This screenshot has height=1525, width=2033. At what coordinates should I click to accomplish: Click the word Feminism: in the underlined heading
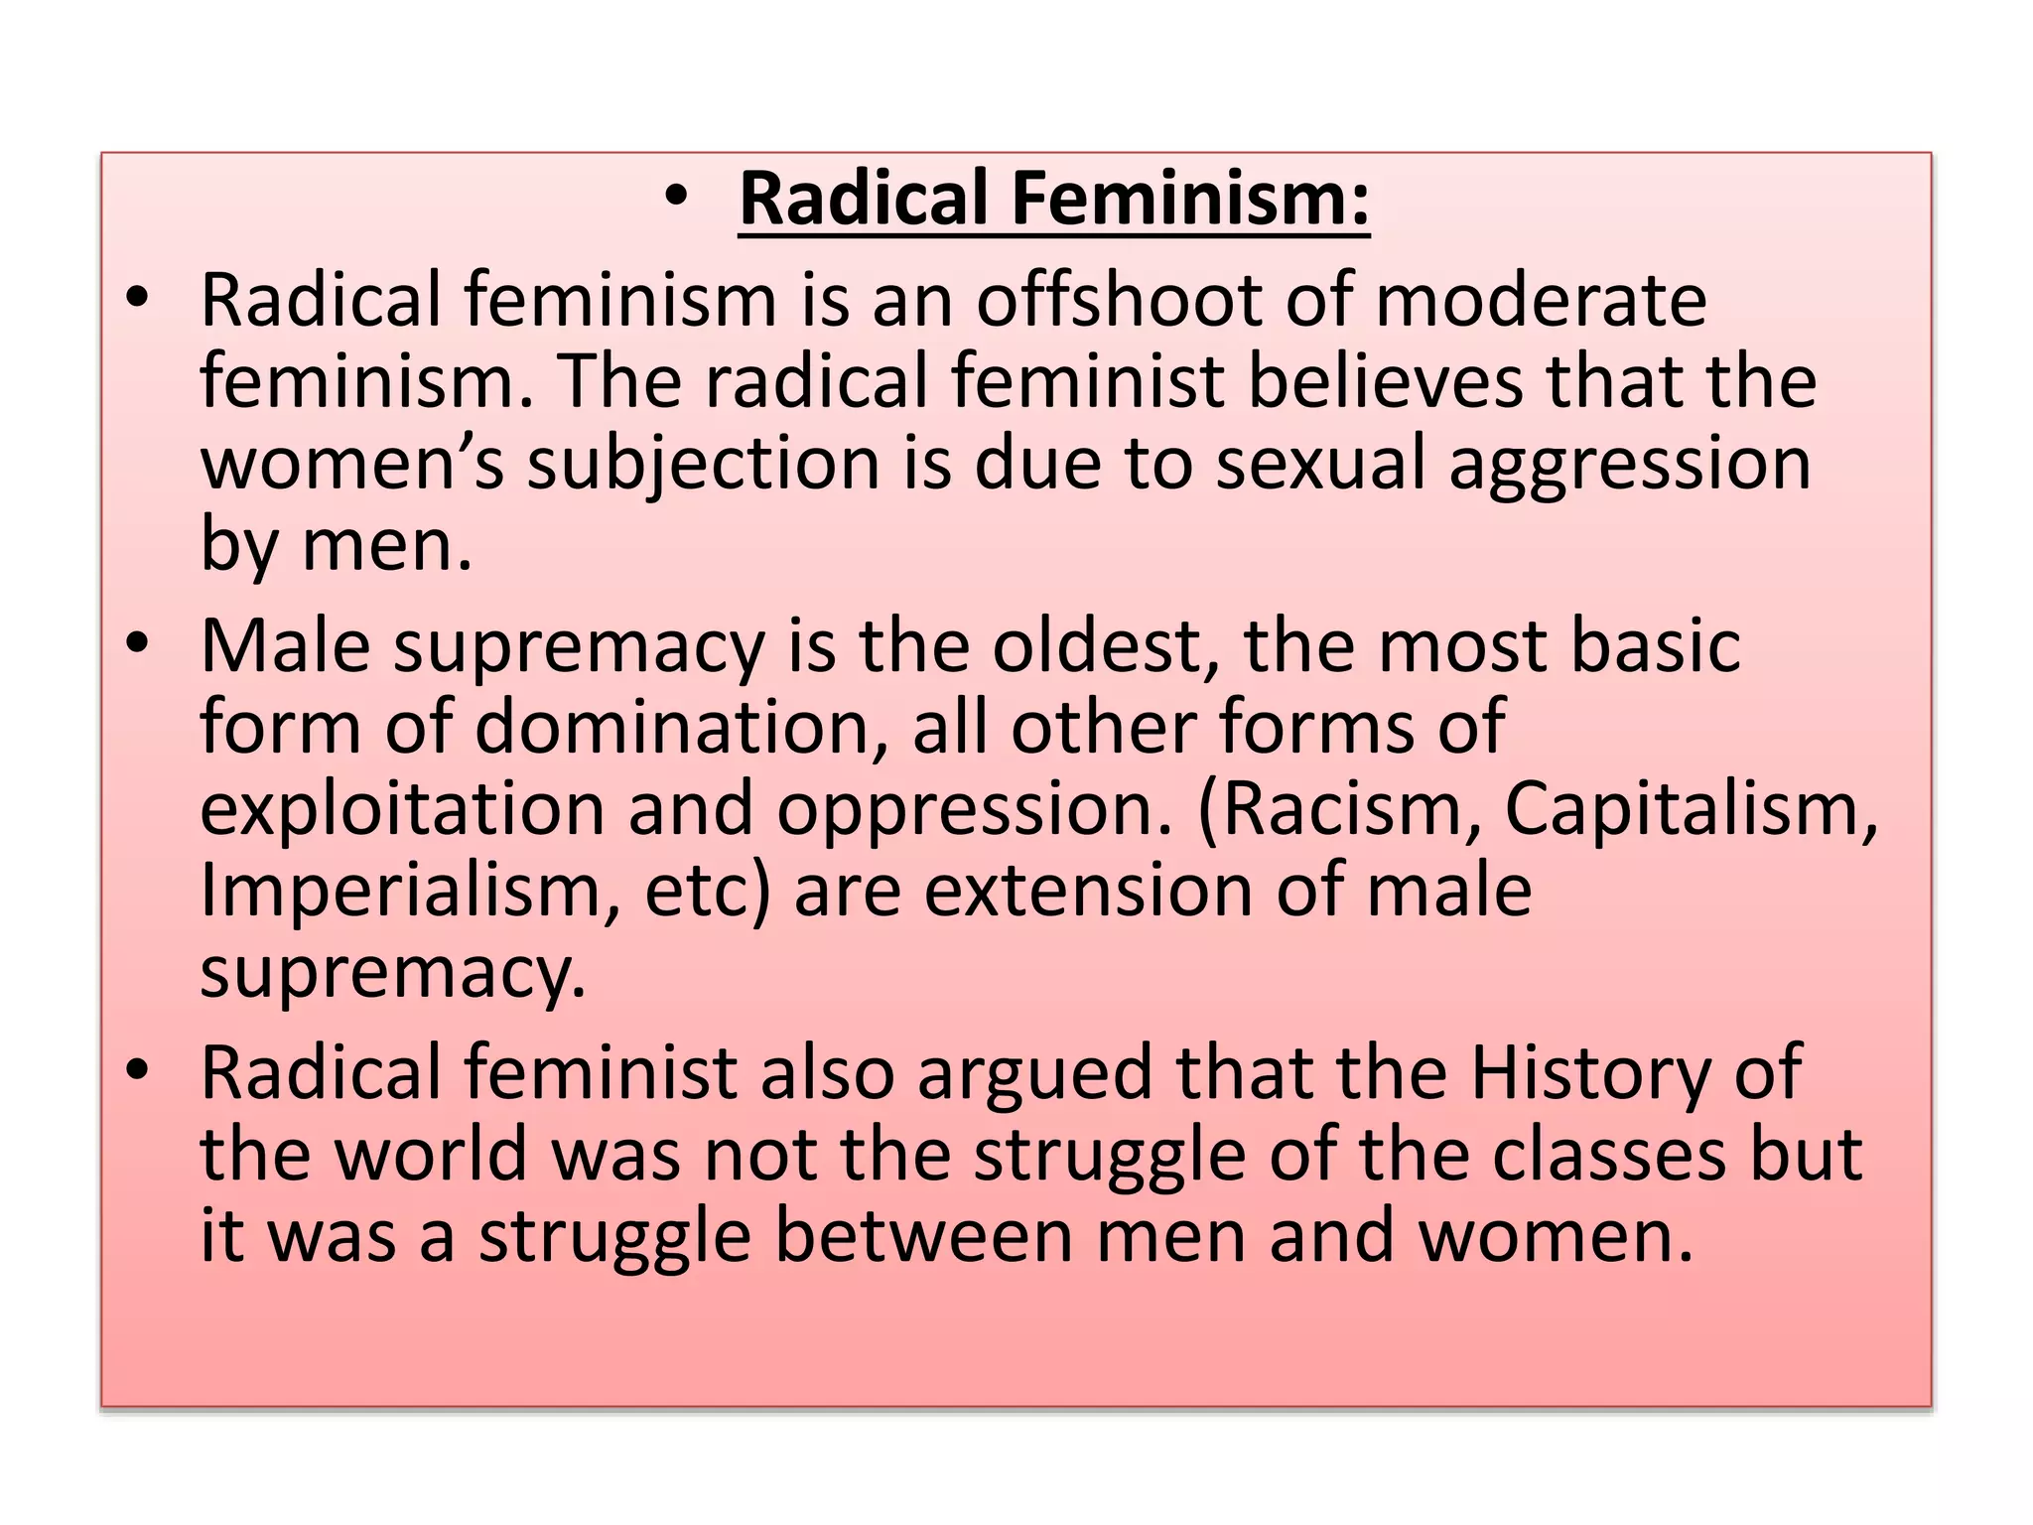click(x=1190, y=199)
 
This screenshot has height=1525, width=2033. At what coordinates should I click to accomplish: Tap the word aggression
click(x=1629, y=467)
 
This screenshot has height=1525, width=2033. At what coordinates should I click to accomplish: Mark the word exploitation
click(x=402, y=810)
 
